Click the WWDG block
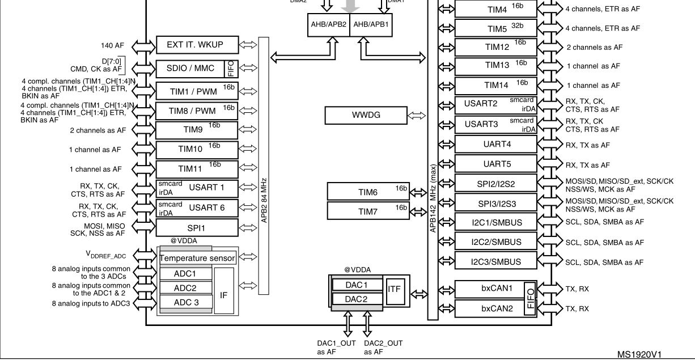(366, 115)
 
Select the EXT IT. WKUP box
(197, 45)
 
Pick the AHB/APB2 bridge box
(329, 25)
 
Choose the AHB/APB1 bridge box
(371, 25)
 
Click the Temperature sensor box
(198, 258)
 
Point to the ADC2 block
(185, 288)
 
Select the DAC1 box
(357, 285)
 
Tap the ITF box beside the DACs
(395, 291)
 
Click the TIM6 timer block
(368, 192)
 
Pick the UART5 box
(496, 163)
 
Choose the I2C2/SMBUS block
(496, 242)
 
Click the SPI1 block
(197, 228)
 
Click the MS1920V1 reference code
(639, 354)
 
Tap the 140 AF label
(112, 45)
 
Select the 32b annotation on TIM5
(517, 26)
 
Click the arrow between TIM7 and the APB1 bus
(418, 212)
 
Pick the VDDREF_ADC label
(106, 255)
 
